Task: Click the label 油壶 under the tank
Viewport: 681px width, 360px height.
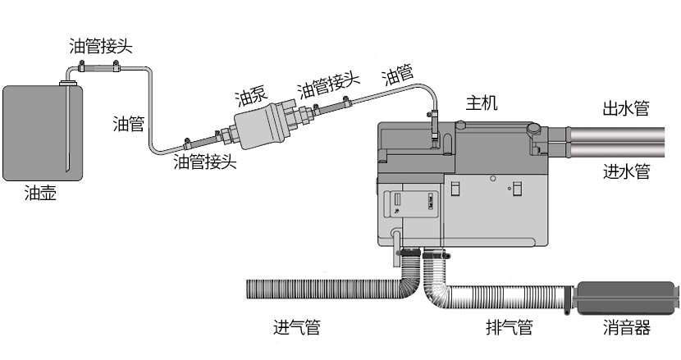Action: (x=41, y=194)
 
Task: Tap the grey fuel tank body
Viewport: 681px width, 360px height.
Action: (x=43, y=131)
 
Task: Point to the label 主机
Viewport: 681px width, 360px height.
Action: (x=482, y=103)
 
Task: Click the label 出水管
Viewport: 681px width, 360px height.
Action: (x=626, y=108)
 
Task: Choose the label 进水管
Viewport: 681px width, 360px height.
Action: (x=626, y=171)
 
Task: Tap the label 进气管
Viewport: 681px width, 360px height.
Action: (x=296, y=328)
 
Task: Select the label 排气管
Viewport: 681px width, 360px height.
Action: (x=509, y=328)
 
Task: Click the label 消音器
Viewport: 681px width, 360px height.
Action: (x=626, y=328)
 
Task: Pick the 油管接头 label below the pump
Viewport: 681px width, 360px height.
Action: (x=205, y=162)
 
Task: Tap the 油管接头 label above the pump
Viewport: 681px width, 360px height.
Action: (x=328, y=84)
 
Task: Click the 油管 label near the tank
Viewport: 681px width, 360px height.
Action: (x=129, y=124)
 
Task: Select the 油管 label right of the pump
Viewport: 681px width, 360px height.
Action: (x=398, y=76)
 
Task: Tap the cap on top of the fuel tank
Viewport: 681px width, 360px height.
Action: (x=68, y=81)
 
